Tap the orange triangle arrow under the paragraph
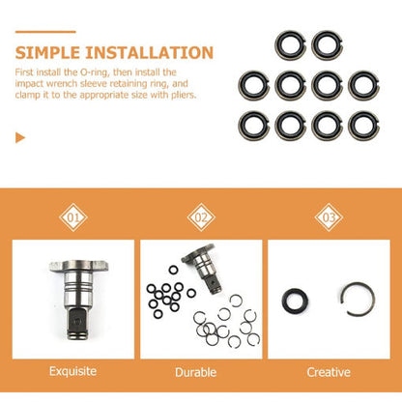pos(20,138)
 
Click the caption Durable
pos(202,370)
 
